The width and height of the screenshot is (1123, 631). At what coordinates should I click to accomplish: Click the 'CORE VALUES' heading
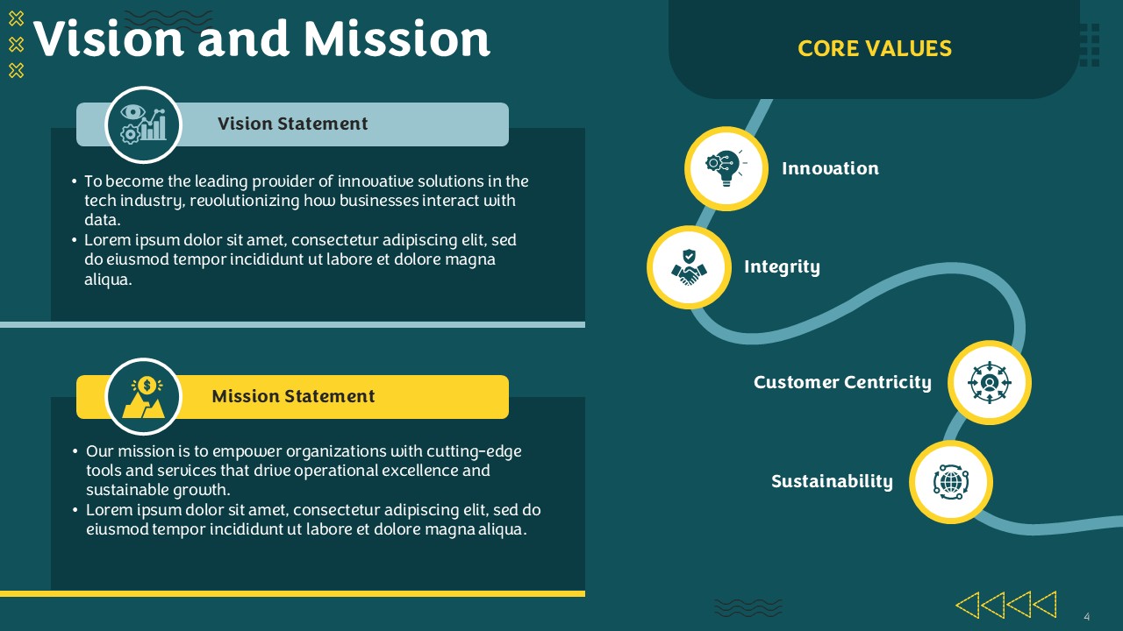[x=875, y=48]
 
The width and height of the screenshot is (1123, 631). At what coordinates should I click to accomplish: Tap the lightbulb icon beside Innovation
[x=726, y=168]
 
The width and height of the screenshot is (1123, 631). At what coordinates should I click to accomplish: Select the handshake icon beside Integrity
[x=689, y=267]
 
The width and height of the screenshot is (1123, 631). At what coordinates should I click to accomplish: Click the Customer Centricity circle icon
[x=989, y=383]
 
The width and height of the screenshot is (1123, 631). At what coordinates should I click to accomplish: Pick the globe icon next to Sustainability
[x=950, y=482]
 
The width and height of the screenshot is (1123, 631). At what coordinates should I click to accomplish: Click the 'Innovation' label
[x=830, y=168]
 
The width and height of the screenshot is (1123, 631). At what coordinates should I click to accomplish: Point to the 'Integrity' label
[x=782, y=267]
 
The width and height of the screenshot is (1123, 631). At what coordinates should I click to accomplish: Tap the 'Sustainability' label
[x=833, y=481]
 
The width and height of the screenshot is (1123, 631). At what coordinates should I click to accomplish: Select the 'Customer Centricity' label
[x=843, y=383]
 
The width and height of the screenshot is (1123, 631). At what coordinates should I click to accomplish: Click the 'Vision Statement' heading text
[x=293, y=124]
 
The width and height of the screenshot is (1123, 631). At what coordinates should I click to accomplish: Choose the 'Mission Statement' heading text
[x=293, y=396]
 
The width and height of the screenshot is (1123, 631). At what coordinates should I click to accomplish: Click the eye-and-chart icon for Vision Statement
[x=143, y=124]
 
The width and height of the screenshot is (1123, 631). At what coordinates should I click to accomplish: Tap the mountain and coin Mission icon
[x=143, y=397]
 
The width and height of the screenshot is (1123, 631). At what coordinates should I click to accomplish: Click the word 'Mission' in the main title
[x=397, y=39]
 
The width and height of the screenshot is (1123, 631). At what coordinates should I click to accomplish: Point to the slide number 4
[x=1087, y=616]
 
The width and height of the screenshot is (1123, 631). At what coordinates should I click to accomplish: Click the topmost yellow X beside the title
[x=16, y=18]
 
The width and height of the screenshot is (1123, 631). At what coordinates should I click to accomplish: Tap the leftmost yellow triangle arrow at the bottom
[x=968, y=605]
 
